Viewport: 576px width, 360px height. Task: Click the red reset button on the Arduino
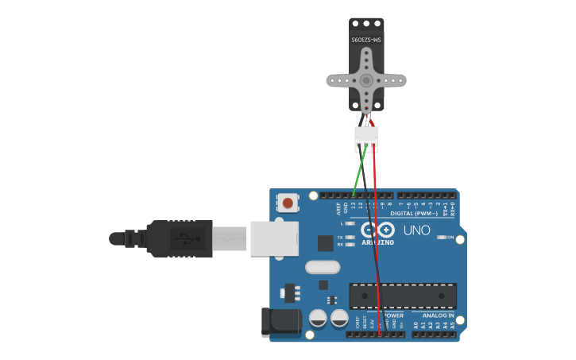point(287,203)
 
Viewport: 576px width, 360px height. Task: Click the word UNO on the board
point(417,230)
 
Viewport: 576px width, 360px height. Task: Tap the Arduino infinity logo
point(377,230)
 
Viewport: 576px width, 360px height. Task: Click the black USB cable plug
point(180,238)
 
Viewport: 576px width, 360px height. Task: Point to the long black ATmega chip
point(403,296)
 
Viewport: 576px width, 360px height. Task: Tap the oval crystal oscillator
point(322,267)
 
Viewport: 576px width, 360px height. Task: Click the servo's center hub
point(366,80)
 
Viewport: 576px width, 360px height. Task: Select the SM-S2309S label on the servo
point(366,39)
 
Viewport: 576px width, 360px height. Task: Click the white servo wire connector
point(366,138)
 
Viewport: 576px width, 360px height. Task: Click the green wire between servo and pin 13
point(359,168)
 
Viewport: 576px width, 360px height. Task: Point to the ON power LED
point(442,238)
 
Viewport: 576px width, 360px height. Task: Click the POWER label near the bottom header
point(394,315)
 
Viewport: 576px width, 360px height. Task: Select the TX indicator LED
point(349,238)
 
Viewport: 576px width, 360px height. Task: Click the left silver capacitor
point(318,319)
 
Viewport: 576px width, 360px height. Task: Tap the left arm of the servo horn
point(338,80)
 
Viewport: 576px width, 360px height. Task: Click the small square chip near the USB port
point(325,243)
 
